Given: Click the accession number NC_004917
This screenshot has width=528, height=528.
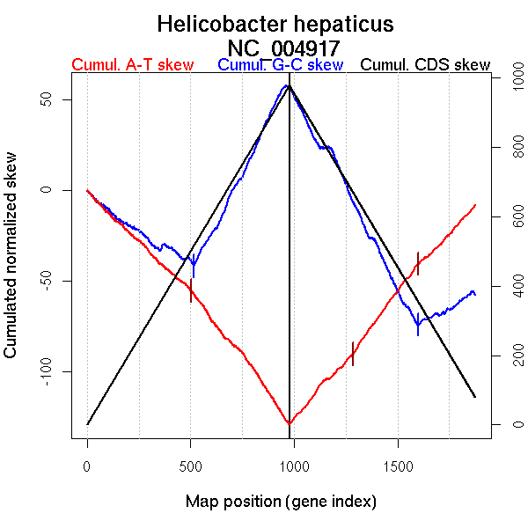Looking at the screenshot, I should (283, 47).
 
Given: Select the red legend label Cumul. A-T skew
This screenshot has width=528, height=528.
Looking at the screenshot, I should (132, 66).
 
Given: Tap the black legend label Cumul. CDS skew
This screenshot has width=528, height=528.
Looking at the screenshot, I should (425, 66).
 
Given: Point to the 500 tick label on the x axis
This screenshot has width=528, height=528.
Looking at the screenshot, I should (191, 464).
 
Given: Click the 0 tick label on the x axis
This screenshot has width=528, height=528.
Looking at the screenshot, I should (87, 464).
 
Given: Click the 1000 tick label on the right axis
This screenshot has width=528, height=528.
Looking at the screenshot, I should (509, 79).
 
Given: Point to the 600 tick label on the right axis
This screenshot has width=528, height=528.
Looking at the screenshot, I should (509, 217).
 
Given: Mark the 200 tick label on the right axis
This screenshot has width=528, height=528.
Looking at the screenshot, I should (509, 356).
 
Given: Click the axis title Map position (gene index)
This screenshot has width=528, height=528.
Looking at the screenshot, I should (281, 502).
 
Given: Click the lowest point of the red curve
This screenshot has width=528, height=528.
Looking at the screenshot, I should (289, 424).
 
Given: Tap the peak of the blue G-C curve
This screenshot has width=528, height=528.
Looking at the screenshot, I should (287, 85).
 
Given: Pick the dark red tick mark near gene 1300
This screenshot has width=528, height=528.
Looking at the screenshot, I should (353, 353).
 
